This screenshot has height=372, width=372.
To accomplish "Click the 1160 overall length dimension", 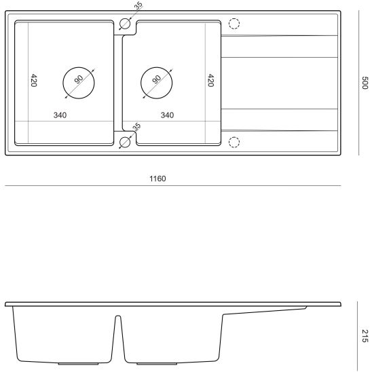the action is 157,179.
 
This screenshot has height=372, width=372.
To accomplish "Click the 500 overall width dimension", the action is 365,83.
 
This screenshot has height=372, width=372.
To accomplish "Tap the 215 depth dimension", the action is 365,336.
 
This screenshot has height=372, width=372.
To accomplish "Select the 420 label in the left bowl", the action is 34,80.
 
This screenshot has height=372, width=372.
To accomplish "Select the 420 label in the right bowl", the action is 210,80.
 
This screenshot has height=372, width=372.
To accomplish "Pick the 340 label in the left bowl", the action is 60,115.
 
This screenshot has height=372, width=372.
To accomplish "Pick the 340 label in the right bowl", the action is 167,115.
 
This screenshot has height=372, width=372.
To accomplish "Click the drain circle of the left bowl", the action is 79,67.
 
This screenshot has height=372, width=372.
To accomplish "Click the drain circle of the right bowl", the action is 157,67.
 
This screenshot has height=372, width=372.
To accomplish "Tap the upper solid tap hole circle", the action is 125,18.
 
